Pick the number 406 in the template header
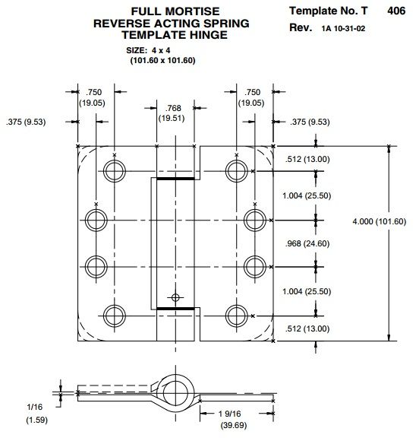395,11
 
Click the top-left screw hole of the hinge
114,170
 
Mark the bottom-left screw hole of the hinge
114,315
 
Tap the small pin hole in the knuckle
175,297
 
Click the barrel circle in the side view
175,389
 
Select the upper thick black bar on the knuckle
175,179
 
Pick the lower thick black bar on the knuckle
175,308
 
